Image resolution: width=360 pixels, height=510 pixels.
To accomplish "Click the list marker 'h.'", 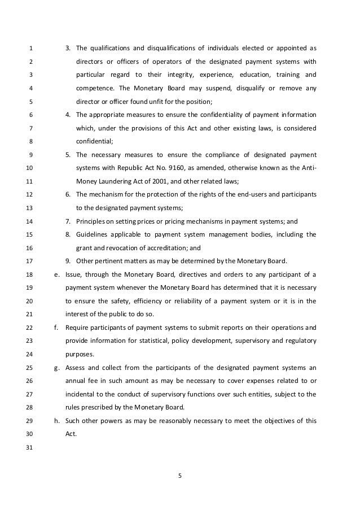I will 56,420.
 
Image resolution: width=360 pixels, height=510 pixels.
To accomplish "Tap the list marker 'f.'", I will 56,327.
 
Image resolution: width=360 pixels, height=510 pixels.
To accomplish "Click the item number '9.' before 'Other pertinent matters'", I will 68,261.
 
